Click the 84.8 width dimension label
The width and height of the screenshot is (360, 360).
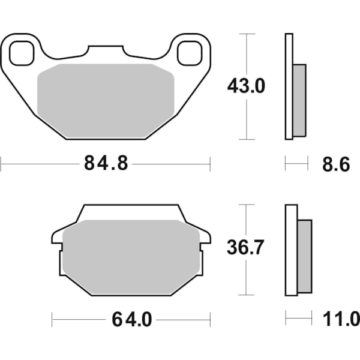click(x=106, y=163)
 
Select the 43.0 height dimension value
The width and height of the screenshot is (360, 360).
click(x=245, y=86)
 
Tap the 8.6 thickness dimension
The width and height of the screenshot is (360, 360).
click(x=335, y=163)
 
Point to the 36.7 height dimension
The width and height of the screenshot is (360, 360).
click(x=245, y=248)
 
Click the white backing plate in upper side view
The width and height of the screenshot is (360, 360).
click(x=289, y=87)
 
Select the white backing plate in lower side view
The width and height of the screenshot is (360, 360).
click(x=291, y=250)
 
